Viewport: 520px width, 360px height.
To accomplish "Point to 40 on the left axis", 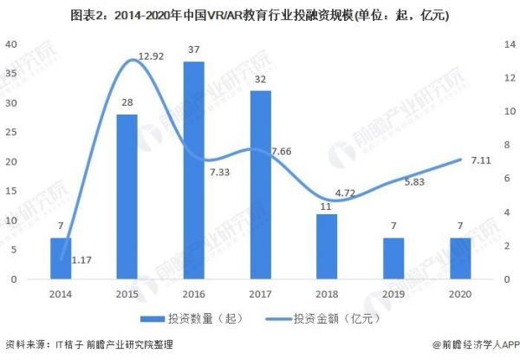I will (x=13, y=44).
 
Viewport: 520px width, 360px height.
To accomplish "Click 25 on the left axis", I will (x=13, y=133).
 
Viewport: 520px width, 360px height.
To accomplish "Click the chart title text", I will (x=259, y=15).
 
